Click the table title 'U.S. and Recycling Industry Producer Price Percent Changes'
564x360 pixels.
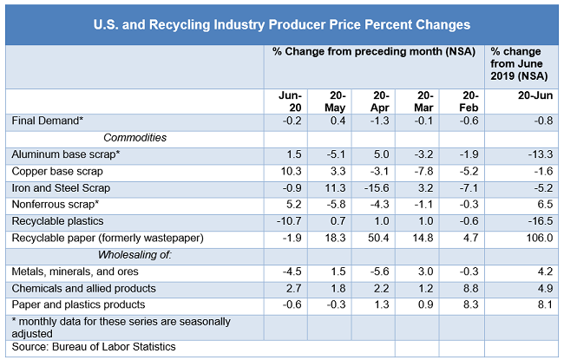tap(281, 24)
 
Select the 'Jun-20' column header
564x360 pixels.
tap(290, 101)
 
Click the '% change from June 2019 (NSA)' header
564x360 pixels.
tap(520, 64)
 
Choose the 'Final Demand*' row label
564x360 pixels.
tap(47, 121)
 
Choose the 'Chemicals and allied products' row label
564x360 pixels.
tap(83, 287)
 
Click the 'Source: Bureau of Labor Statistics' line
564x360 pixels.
tap(94, 347)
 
